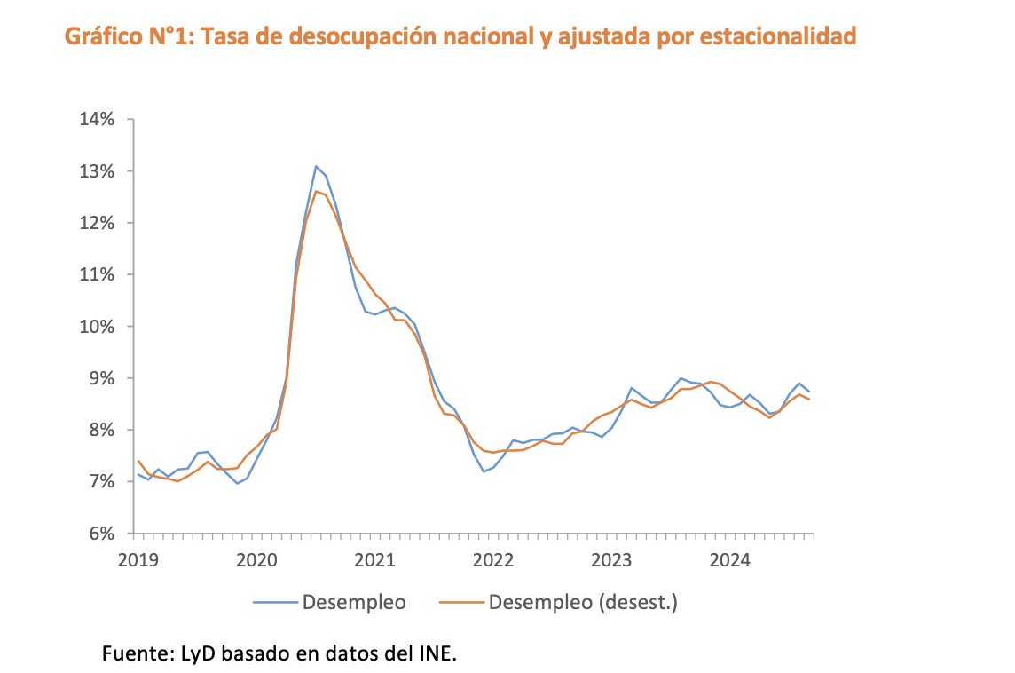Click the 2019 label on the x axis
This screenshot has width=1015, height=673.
138,560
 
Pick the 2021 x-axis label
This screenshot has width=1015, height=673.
374,560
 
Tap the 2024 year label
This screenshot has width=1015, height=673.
730,560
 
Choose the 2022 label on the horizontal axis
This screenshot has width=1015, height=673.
493,560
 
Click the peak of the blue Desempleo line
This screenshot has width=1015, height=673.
315,166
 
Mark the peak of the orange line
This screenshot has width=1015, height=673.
315,191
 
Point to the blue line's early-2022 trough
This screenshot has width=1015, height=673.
484,471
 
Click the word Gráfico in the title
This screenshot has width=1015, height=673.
98,36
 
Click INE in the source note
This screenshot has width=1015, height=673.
437,654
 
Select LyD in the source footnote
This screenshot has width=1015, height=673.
198,654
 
